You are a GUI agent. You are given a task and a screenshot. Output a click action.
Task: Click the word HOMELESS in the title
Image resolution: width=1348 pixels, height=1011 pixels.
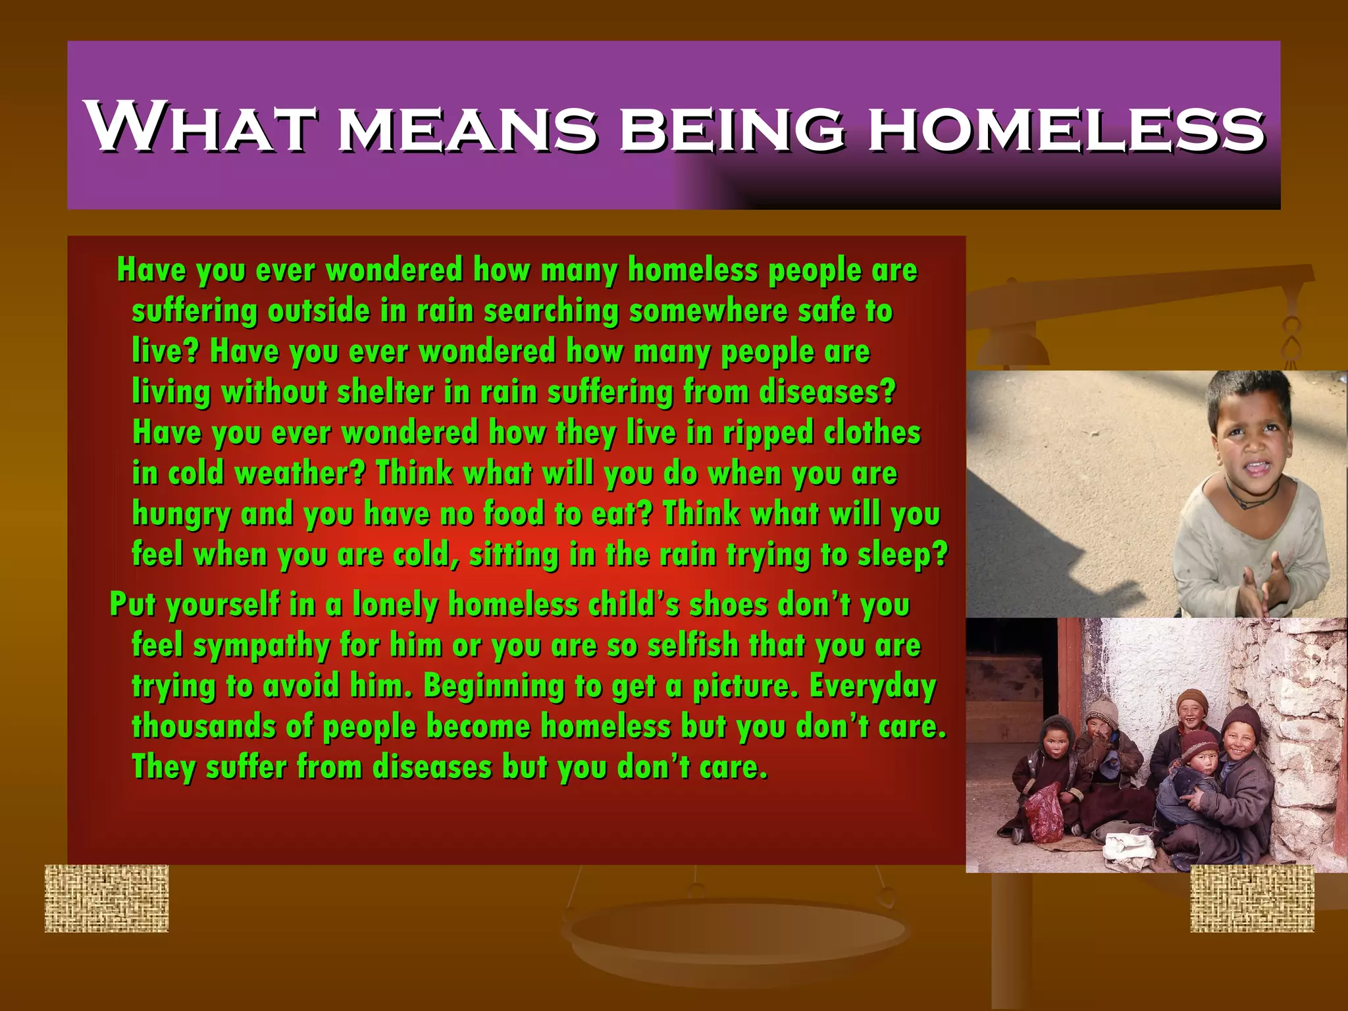tap(1066, 128)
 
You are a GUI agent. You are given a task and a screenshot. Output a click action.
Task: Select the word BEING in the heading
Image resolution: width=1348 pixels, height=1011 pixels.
tap(732, 128)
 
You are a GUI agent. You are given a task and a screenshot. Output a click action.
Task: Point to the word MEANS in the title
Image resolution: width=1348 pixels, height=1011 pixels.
tap(467, 128)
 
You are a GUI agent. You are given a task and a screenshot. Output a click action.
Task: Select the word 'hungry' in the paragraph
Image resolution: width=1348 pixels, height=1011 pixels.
tap(181, 515)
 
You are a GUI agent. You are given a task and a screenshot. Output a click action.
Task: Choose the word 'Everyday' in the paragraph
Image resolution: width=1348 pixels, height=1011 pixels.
tap(873, 687)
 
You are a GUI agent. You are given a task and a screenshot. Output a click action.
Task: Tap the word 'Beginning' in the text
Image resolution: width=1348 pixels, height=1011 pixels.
tap(494, 687)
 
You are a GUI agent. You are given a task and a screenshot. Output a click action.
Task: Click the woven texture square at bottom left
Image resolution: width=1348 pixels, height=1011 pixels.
tap(107, 898)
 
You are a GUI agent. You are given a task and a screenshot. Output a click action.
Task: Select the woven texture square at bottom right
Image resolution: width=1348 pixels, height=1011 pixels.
tap(1252, 898)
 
